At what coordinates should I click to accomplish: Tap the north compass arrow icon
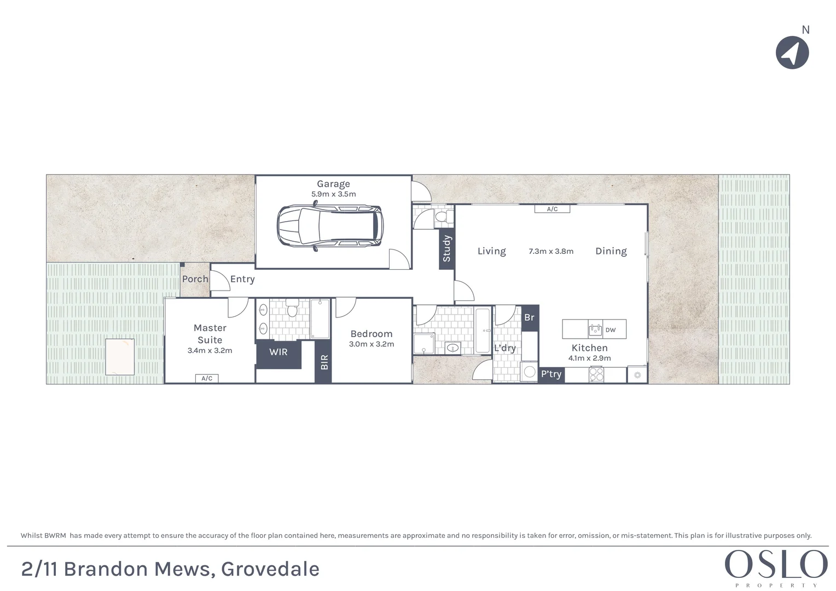pos(792,53)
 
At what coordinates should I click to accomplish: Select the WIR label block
pos(278,352)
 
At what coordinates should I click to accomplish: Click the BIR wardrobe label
pos(324,362)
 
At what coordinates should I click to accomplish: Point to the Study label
pos(446,248)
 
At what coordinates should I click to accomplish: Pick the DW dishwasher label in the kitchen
pos(611,330)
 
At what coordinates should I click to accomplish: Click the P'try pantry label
pos(551,374)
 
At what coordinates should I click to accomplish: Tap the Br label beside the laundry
pos(529,318)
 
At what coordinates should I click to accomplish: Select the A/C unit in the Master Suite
pos(207,378)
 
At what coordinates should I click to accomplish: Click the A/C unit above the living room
pos(552,209)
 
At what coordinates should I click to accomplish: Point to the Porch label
pos(195,279)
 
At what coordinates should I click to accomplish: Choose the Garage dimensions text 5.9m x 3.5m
pos(333,194)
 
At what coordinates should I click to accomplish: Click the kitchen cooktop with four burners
pos(596,374)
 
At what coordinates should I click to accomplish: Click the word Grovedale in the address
pos(270,569)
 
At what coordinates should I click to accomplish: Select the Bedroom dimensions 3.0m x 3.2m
pos(371,344)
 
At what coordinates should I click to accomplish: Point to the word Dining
pos(611,251)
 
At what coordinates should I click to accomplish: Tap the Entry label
pos(242,279)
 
